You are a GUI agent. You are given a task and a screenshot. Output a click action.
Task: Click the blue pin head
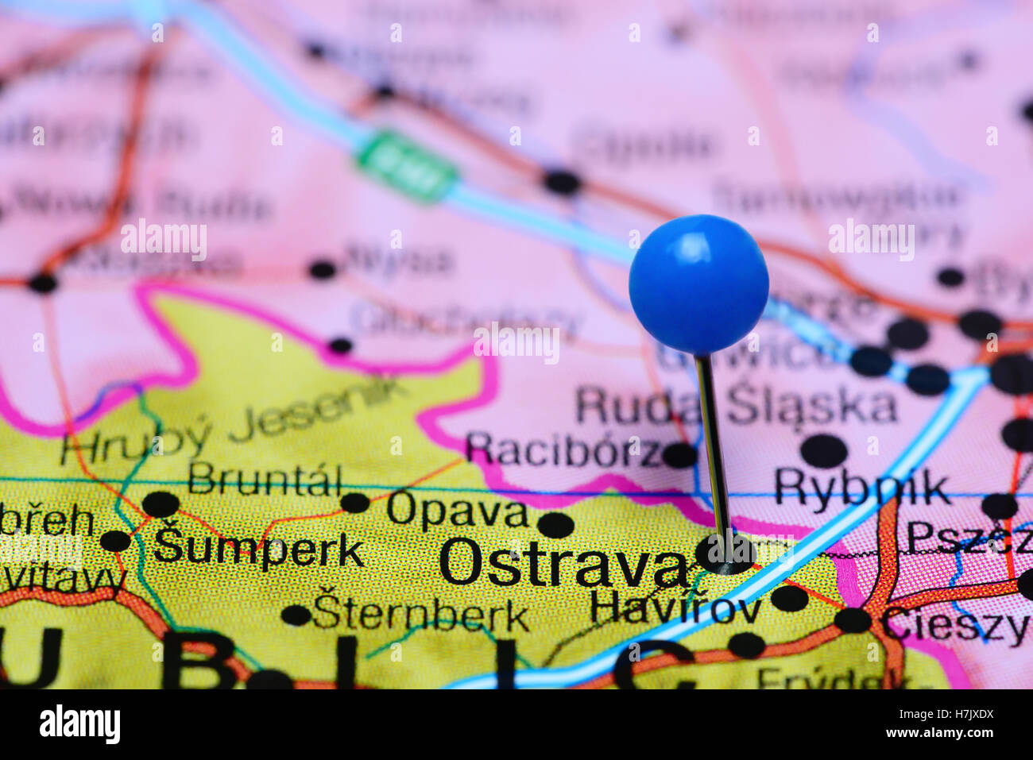698,284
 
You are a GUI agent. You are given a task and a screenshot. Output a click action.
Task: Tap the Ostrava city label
563,564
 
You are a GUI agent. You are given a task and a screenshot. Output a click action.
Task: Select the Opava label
457,511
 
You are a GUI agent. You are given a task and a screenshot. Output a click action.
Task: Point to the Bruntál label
265,479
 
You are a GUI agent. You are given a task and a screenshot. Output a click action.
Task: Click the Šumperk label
259,547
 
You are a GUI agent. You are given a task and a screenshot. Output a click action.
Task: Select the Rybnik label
861,487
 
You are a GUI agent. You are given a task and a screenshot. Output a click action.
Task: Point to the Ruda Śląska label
737,406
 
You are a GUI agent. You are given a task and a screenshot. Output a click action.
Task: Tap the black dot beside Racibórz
679,455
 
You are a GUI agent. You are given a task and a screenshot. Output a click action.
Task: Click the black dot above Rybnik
823,450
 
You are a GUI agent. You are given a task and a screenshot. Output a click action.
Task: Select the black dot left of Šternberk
296,615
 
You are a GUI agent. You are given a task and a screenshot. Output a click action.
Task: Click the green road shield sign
406,164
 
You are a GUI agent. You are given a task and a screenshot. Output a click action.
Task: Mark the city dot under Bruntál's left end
161,504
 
